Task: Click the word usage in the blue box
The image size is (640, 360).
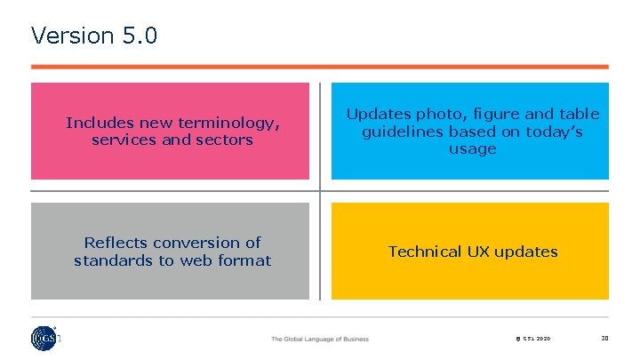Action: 472,148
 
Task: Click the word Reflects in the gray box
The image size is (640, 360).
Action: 113,243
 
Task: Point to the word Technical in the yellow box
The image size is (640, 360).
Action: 425,252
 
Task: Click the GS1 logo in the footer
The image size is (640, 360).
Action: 42,338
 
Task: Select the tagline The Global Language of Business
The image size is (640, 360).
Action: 319,339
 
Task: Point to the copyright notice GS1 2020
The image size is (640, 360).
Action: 532,339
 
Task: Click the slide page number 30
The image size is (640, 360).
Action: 604,338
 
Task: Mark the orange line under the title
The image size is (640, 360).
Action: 320,67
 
